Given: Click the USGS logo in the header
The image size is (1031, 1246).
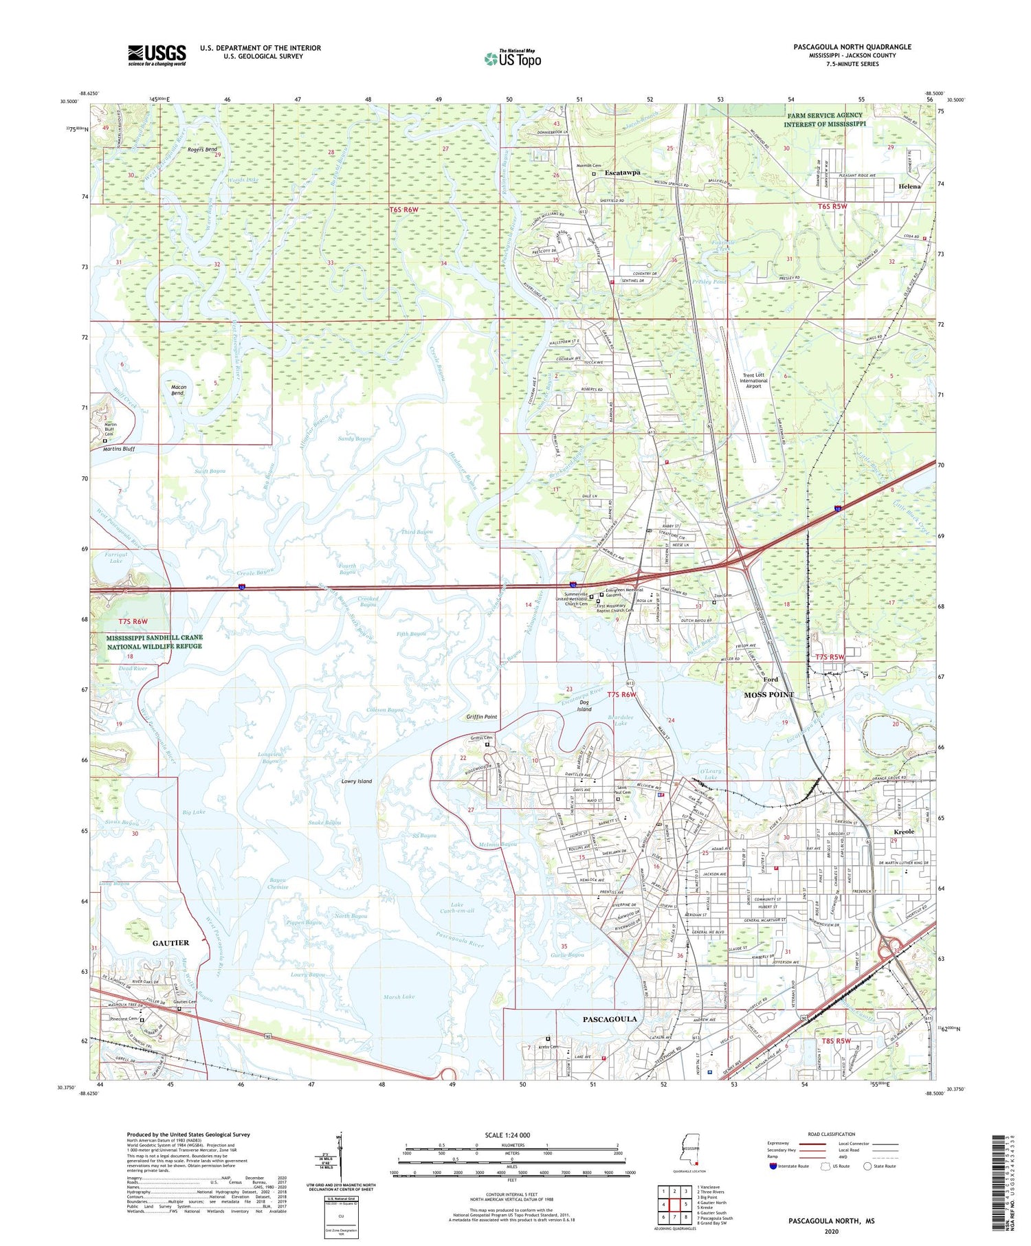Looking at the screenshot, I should (x=157, y=55).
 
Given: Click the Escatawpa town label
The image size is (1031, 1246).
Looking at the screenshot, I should (x=622, y=173).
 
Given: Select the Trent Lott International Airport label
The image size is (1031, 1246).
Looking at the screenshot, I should (x=753, y=381).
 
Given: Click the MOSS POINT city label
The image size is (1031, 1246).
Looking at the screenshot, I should (x=769, y=695).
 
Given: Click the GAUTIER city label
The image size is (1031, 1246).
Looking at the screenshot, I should (x=170, y=943).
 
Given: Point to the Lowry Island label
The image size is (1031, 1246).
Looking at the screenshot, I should (x=357, y=781).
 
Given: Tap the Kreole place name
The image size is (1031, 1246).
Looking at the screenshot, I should (x=904, y=832).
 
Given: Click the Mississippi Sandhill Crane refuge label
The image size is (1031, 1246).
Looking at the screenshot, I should (x=154, y=642).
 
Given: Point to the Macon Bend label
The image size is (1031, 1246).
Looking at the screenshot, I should (x=177, y=390).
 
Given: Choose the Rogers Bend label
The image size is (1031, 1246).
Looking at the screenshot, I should (x=202, y=149).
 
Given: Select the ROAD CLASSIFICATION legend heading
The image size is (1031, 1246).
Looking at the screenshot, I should (x=831, y=1134).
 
